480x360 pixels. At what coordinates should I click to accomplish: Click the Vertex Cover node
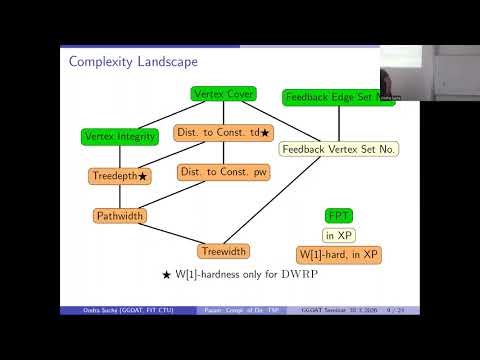pyautogui.click(x=223, y=94)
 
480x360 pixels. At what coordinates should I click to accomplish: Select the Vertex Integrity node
pyautogui.click(x=119, y=135)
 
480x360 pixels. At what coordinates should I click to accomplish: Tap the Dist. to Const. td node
pyautogui.click(x=223, y=132)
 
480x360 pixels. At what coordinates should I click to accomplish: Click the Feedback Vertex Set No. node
pyautogui.click(x=340, y=150)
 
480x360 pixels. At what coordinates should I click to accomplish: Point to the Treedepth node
pyautogui.click(x=119, y=176)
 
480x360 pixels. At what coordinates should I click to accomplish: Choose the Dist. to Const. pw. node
pyautogui.click(x=223, y=172)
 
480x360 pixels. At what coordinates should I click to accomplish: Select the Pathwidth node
pyautogui.click(x=119, y=215)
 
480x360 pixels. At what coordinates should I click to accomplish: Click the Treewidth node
pyautogui.click(x=223, y=250)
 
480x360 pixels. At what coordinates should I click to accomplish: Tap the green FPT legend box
pyautogui.click(x=339, y=215)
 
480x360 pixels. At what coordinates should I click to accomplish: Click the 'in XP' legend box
pyautogui.click(x=339, y=234)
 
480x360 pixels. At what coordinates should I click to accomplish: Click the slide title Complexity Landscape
pyautogui.click(x=133, y=62)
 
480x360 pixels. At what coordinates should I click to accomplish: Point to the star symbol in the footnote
pyautogui.click(x=167, y=273)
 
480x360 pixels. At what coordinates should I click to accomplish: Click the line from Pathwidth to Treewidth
pyautogui.click(x=171, y=233)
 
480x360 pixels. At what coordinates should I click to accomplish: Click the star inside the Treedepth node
pyautogui.click(x=142, y=176)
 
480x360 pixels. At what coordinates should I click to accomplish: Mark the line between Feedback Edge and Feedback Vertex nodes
pyautogui.click(x=340, y=123)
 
